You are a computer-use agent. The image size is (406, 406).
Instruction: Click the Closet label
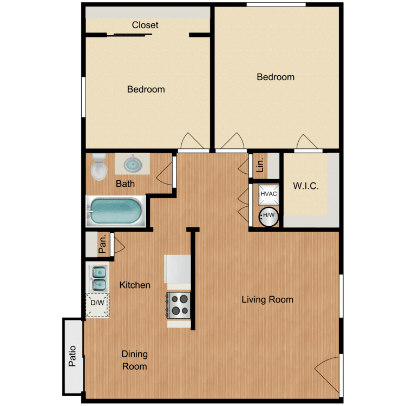point(145,25)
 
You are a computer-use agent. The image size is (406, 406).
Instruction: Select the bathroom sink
point(132,163)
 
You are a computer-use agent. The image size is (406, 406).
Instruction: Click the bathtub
point(115,212)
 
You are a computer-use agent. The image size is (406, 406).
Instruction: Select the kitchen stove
point(179,305)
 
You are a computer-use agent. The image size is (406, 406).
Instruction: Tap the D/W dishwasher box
point(97,304)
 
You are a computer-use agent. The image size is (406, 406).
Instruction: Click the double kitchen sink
point(97,277)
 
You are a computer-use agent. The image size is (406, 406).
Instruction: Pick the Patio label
point(73,356)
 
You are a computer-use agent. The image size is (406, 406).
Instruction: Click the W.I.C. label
point(306,186)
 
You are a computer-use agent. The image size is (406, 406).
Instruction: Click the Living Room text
point(267,299)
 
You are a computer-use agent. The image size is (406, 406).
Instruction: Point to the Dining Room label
point(134,360)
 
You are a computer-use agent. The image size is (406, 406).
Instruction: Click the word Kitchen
point(135,285)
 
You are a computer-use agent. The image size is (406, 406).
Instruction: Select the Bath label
point(125,184)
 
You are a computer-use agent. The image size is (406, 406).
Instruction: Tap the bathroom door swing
point(165,173)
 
